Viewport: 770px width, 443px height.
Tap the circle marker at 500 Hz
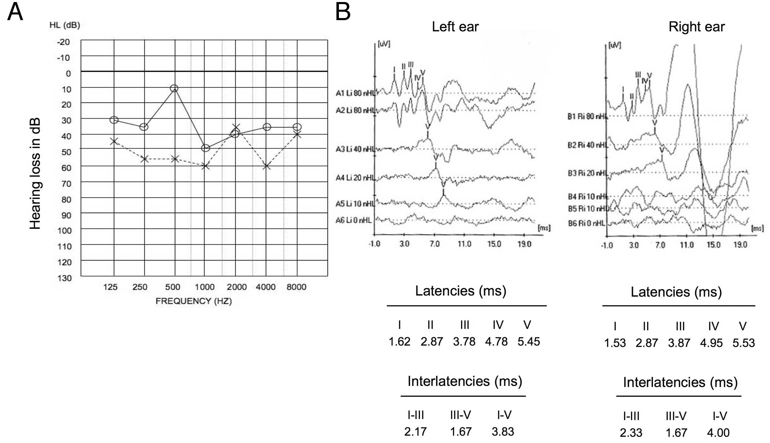(174, 88)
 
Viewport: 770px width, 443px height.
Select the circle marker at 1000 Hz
(206, 148)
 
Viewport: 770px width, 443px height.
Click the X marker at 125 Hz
(114, 141)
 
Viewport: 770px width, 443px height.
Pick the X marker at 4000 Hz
(267, 166)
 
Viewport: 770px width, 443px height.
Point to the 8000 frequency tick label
(296, 287)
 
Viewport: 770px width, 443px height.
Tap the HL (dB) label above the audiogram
(64, 25)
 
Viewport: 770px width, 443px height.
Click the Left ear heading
(455, 27)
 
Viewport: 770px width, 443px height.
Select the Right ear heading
(696, 27)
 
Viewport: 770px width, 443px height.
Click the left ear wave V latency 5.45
(529, 341)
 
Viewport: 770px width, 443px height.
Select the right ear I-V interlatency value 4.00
(718, 433)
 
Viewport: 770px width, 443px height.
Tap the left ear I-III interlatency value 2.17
(415, 431)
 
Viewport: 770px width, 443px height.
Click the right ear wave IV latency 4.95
(711, 343)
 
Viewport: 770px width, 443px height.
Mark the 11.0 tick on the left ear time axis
(464, 244)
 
